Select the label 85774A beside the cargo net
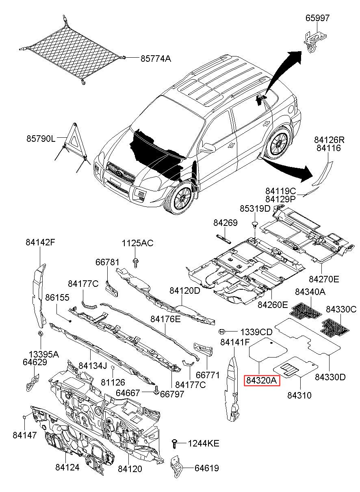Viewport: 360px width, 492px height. [x=156, y=59]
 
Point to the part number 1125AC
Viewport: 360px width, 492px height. [x=137, y=243]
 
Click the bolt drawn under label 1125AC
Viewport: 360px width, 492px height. [x=135, y=261]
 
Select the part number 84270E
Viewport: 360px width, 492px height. [x=324, y=279]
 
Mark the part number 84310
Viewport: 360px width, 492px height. [x=299, y=395]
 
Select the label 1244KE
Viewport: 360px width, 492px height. [x=203, y=443]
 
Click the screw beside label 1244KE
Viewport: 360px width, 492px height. [x=175, y=443]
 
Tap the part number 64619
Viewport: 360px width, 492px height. [x=206, y=468]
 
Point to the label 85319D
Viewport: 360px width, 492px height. [x=255, y=209]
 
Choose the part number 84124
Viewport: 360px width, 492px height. [x=67, y=468]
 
